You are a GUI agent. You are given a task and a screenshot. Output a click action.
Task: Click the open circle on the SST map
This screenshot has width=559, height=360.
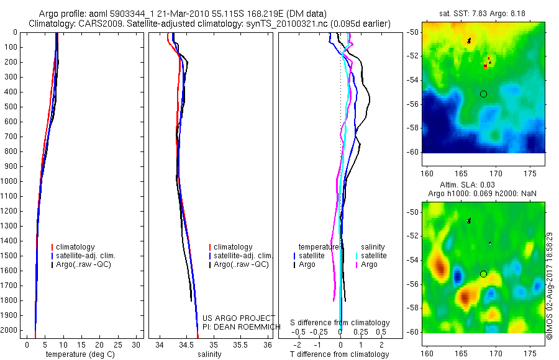[483, 94]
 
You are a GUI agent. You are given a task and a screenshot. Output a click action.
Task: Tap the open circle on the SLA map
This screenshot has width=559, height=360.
[483, 274]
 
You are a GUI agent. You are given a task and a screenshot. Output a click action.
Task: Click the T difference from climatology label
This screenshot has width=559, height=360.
[339, 354]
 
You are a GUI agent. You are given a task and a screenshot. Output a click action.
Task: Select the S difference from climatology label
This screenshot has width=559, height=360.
[340, 323]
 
